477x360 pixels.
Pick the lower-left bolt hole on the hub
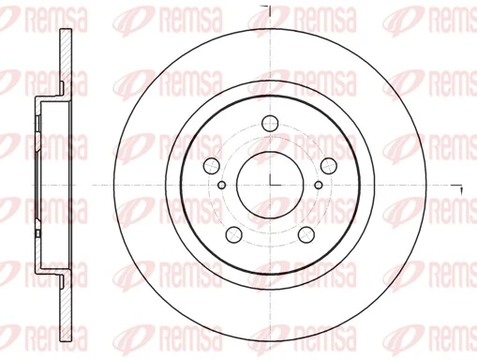235,233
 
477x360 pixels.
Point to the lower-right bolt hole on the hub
306,233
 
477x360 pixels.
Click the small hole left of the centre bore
221,184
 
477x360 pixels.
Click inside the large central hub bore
258,169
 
